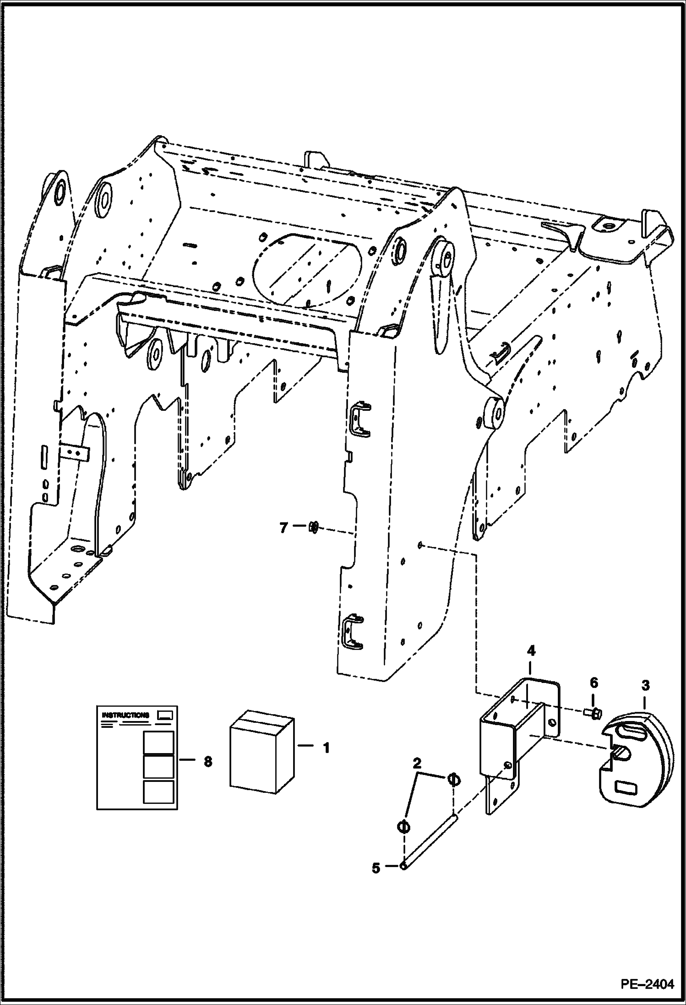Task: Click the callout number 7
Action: click(283, 528)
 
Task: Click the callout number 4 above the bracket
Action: click(531, 651)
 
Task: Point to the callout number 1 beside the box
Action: click(326, 748)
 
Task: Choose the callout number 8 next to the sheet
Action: click(208, 762)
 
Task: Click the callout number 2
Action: click(417, 763)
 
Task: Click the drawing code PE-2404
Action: click(648, 984)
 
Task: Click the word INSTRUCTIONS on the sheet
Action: click(125, 715)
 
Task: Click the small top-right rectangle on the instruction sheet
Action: click(164, 715)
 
